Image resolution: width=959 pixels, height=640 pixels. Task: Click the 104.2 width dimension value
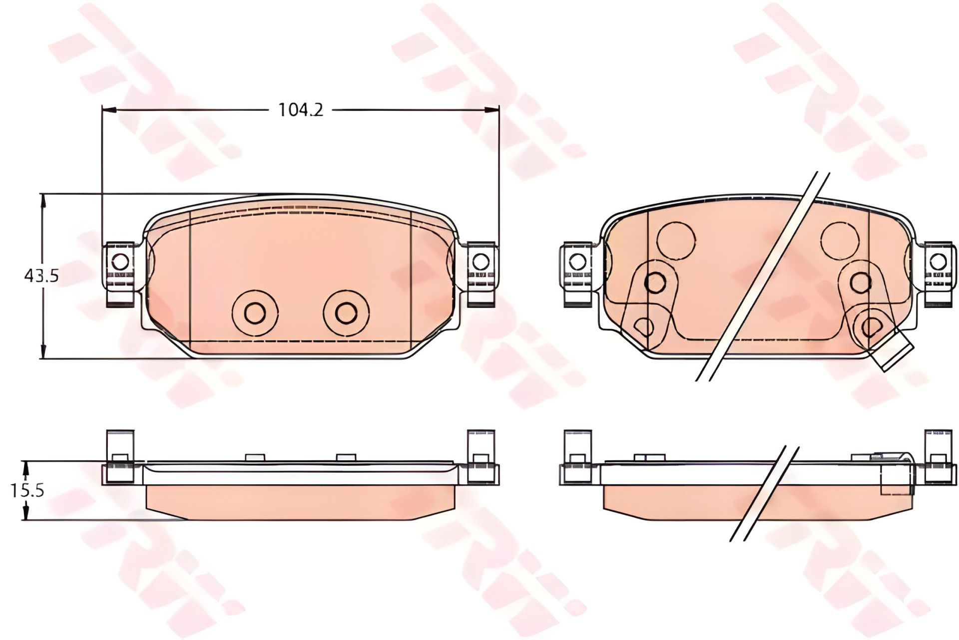point(301,110)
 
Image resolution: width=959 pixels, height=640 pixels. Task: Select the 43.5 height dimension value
point(41,275)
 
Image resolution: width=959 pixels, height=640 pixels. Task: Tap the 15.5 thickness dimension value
point(27,490)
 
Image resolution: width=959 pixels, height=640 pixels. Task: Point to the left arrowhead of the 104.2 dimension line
point(109,110)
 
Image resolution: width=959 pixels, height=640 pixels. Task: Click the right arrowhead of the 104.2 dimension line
point(492,110)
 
